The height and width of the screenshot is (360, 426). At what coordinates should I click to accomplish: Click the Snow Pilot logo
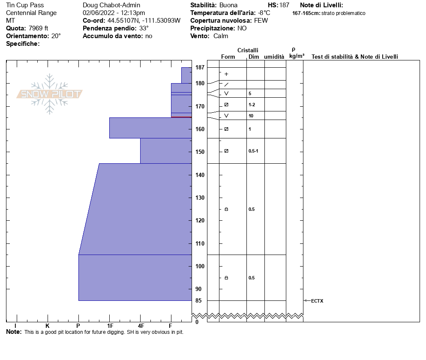pos(49,94)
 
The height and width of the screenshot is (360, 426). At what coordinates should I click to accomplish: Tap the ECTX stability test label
pos(317,301)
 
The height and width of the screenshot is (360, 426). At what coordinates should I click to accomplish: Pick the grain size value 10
pos(251,116)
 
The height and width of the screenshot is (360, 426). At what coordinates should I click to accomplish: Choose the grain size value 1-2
pos(252,105)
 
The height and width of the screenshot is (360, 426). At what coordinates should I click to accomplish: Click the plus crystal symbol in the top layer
pos(226,74)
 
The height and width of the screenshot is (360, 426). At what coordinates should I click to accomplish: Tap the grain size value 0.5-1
pos(253,151)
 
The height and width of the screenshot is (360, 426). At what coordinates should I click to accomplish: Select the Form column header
pos(228,57)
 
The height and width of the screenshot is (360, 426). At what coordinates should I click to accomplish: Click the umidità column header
pos(274,57)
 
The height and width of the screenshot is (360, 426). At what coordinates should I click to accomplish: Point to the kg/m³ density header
pos(297,56)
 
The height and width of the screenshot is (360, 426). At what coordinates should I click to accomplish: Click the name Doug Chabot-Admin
pos(111,5)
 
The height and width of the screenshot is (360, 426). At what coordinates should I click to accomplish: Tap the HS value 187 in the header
pos(284,5)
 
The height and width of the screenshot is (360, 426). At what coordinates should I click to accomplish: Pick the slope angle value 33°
pos(144,28)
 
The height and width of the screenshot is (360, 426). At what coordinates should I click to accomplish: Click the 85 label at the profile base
pos(198,300)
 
